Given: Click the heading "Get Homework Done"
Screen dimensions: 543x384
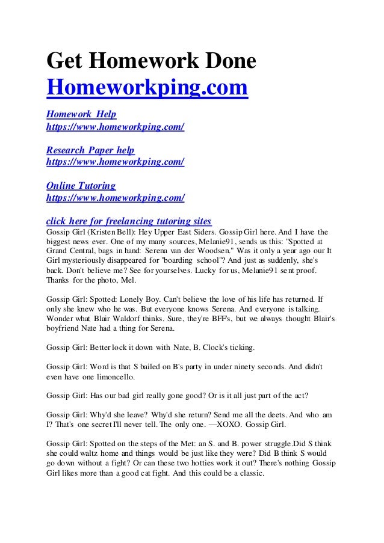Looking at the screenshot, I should [151, 62].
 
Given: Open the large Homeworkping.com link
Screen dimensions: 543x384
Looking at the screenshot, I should [147, 88].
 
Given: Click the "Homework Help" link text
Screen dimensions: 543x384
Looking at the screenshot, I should [81, 114].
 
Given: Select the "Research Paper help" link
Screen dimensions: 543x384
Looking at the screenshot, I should [90, 150].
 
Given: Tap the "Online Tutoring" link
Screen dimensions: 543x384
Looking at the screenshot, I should [81, 186].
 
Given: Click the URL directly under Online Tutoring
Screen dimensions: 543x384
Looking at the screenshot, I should [115, 197].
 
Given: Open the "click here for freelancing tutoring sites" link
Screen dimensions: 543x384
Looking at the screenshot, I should [129, 221].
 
